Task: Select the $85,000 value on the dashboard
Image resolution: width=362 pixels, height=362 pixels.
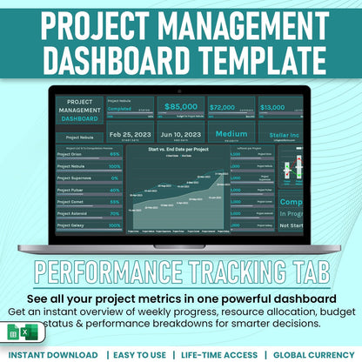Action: click(181, 108)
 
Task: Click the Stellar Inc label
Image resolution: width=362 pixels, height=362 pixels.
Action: click(292, 135)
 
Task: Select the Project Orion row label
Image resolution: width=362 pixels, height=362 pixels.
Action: click(70, 154)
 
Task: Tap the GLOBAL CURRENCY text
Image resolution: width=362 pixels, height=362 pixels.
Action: click(314, 355)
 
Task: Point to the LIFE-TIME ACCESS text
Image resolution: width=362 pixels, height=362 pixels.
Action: click(219, 355)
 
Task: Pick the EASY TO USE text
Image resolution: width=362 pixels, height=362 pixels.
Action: click(137, 355)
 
